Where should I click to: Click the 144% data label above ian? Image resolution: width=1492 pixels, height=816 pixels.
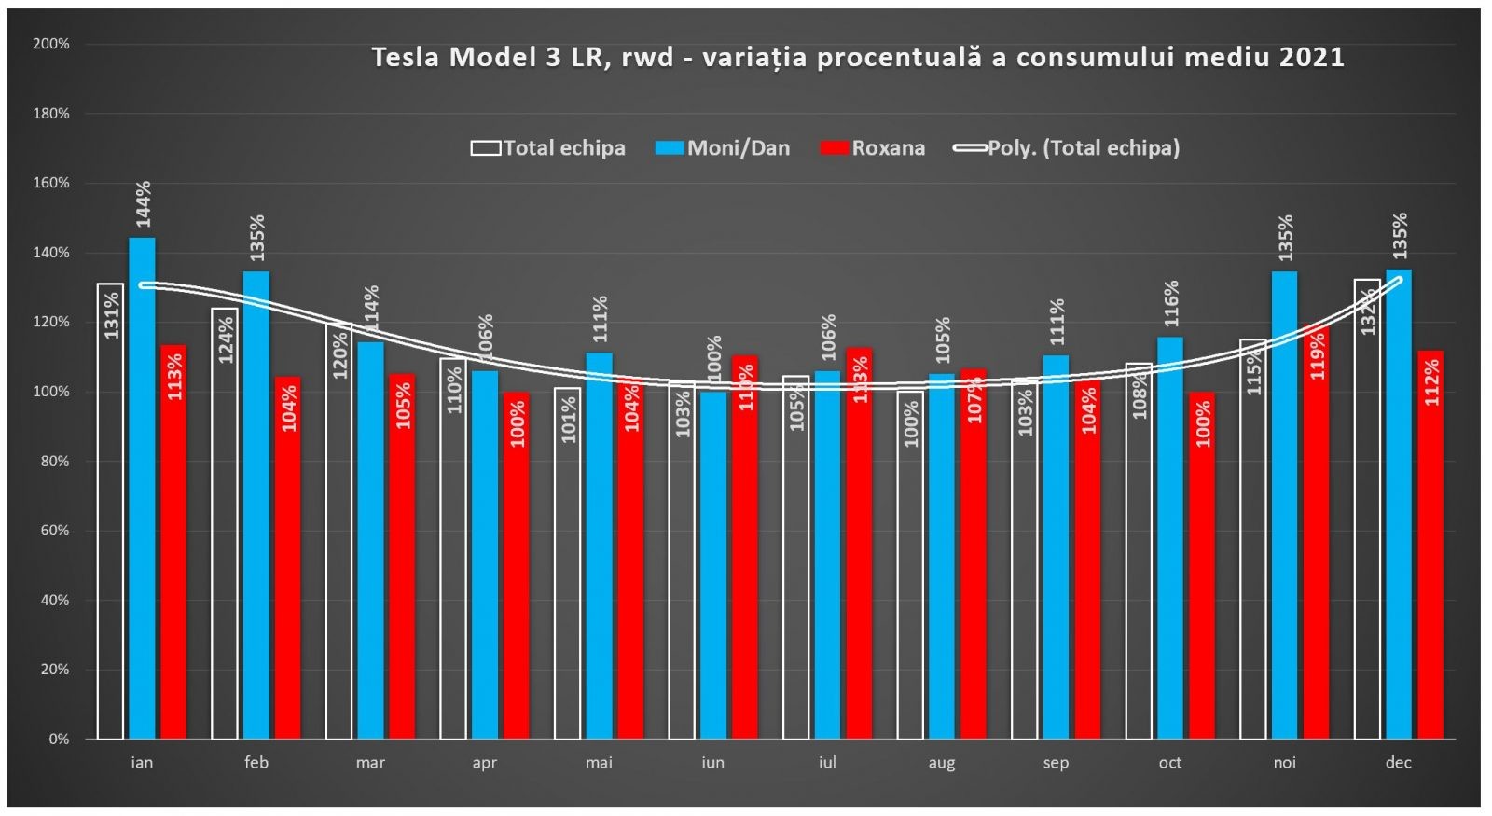(143, 204)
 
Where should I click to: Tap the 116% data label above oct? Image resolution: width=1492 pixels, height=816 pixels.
(1171, 303)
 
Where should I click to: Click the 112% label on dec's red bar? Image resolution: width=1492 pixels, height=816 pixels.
(1431, 381)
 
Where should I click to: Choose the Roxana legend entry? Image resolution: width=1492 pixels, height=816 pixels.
(873, 148)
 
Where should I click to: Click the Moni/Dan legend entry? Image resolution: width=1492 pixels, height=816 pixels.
(723, 148)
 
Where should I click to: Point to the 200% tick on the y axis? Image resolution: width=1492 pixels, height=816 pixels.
(51, 44)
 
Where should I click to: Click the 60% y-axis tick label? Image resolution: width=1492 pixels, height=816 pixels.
(54, 531)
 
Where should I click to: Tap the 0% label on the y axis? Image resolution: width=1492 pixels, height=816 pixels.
(59, 740)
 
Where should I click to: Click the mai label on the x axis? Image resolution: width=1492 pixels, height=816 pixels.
(599, 763)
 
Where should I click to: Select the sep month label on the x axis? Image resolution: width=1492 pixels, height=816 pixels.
(1056, 763)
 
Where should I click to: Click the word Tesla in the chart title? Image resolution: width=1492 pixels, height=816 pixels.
(406, 58)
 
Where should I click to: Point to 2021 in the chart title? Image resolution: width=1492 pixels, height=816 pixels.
(1311, 58)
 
